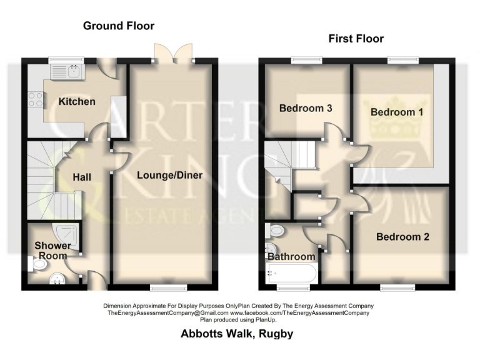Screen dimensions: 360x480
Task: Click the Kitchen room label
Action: [x=77, y=101]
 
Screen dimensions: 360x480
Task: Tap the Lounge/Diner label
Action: [x=169, y=175]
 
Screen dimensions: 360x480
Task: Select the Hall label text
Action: [x=82, y=177]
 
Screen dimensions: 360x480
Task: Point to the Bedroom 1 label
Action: [x=392, y=112]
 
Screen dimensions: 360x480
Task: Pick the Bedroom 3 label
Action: [x=305, y=108]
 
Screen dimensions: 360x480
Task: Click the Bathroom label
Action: [x=291, y=257]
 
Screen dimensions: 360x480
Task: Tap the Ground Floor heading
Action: [x=119, y=26]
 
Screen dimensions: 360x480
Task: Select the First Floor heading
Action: [x=356, y=39]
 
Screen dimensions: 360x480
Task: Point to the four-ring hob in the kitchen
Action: [x=35, y=99]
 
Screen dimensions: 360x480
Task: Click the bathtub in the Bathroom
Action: [x=291, y=273]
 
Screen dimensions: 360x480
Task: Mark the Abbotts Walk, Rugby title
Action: [x=237, y=334]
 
